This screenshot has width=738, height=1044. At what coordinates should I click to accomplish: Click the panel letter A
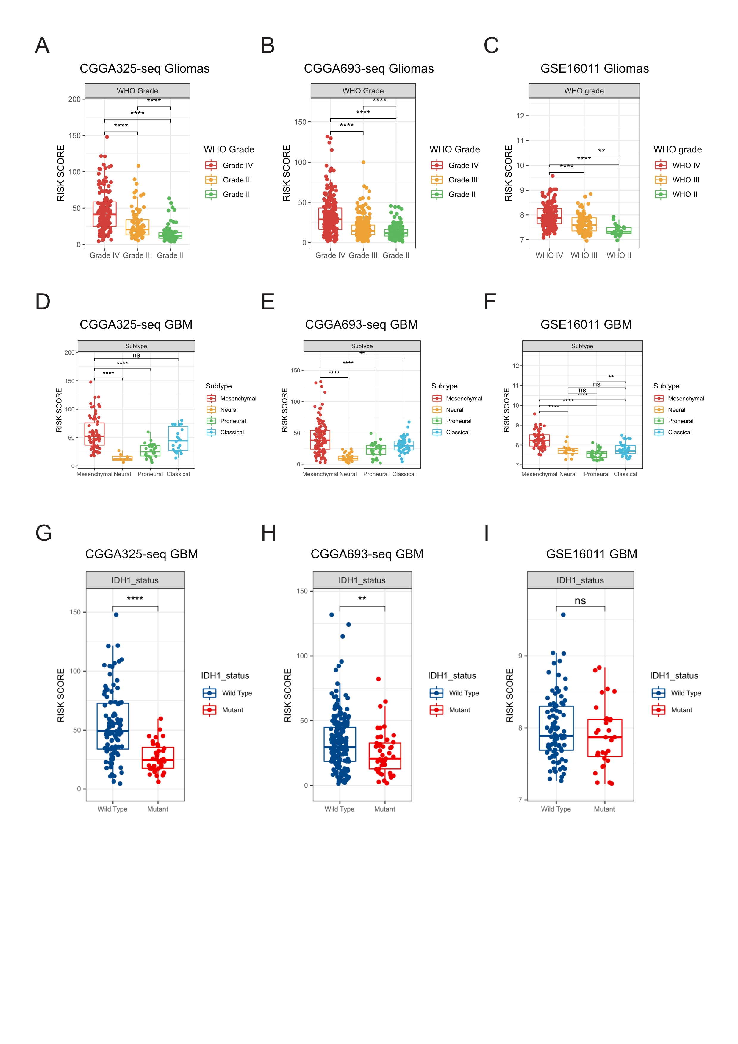[x=42, y=46]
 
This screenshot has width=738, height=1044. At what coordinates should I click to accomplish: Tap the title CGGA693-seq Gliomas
[x=368, y=69]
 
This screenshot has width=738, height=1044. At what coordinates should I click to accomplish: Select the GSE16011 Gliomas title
[x=594, y=69]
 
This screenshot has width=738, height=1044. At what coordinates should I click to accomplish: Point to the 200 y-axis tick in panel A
[x=74, y=99]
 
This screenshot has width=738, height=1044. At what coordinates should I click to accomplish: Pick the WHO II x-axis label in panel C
[x=618, y=255]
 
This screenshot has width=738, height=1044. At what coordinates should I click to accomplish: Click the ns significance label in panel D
[x=136, y=355]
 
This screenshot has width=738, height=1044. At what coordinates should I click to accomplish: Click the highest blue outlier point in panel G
[x=116, y=615]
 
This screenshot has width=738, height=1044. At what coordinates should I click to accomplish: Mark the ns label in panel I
[x=580, y=601]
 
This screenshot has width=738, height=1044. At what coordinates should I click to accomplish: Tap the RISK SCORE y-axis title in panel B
[x=286, y=173]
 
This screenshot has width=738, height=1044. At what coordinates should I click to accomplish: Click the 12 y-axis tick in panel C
[x=520, y=116]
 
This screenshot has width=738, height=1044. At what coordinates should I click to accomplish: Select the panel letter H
[x=269, y=533]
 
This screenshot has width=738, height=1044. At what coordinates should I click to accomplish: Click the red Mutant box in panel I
[x=604, y=738]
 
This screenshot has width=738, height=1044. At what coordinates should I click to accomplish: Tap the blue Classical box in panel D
[x=178, y=438]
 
